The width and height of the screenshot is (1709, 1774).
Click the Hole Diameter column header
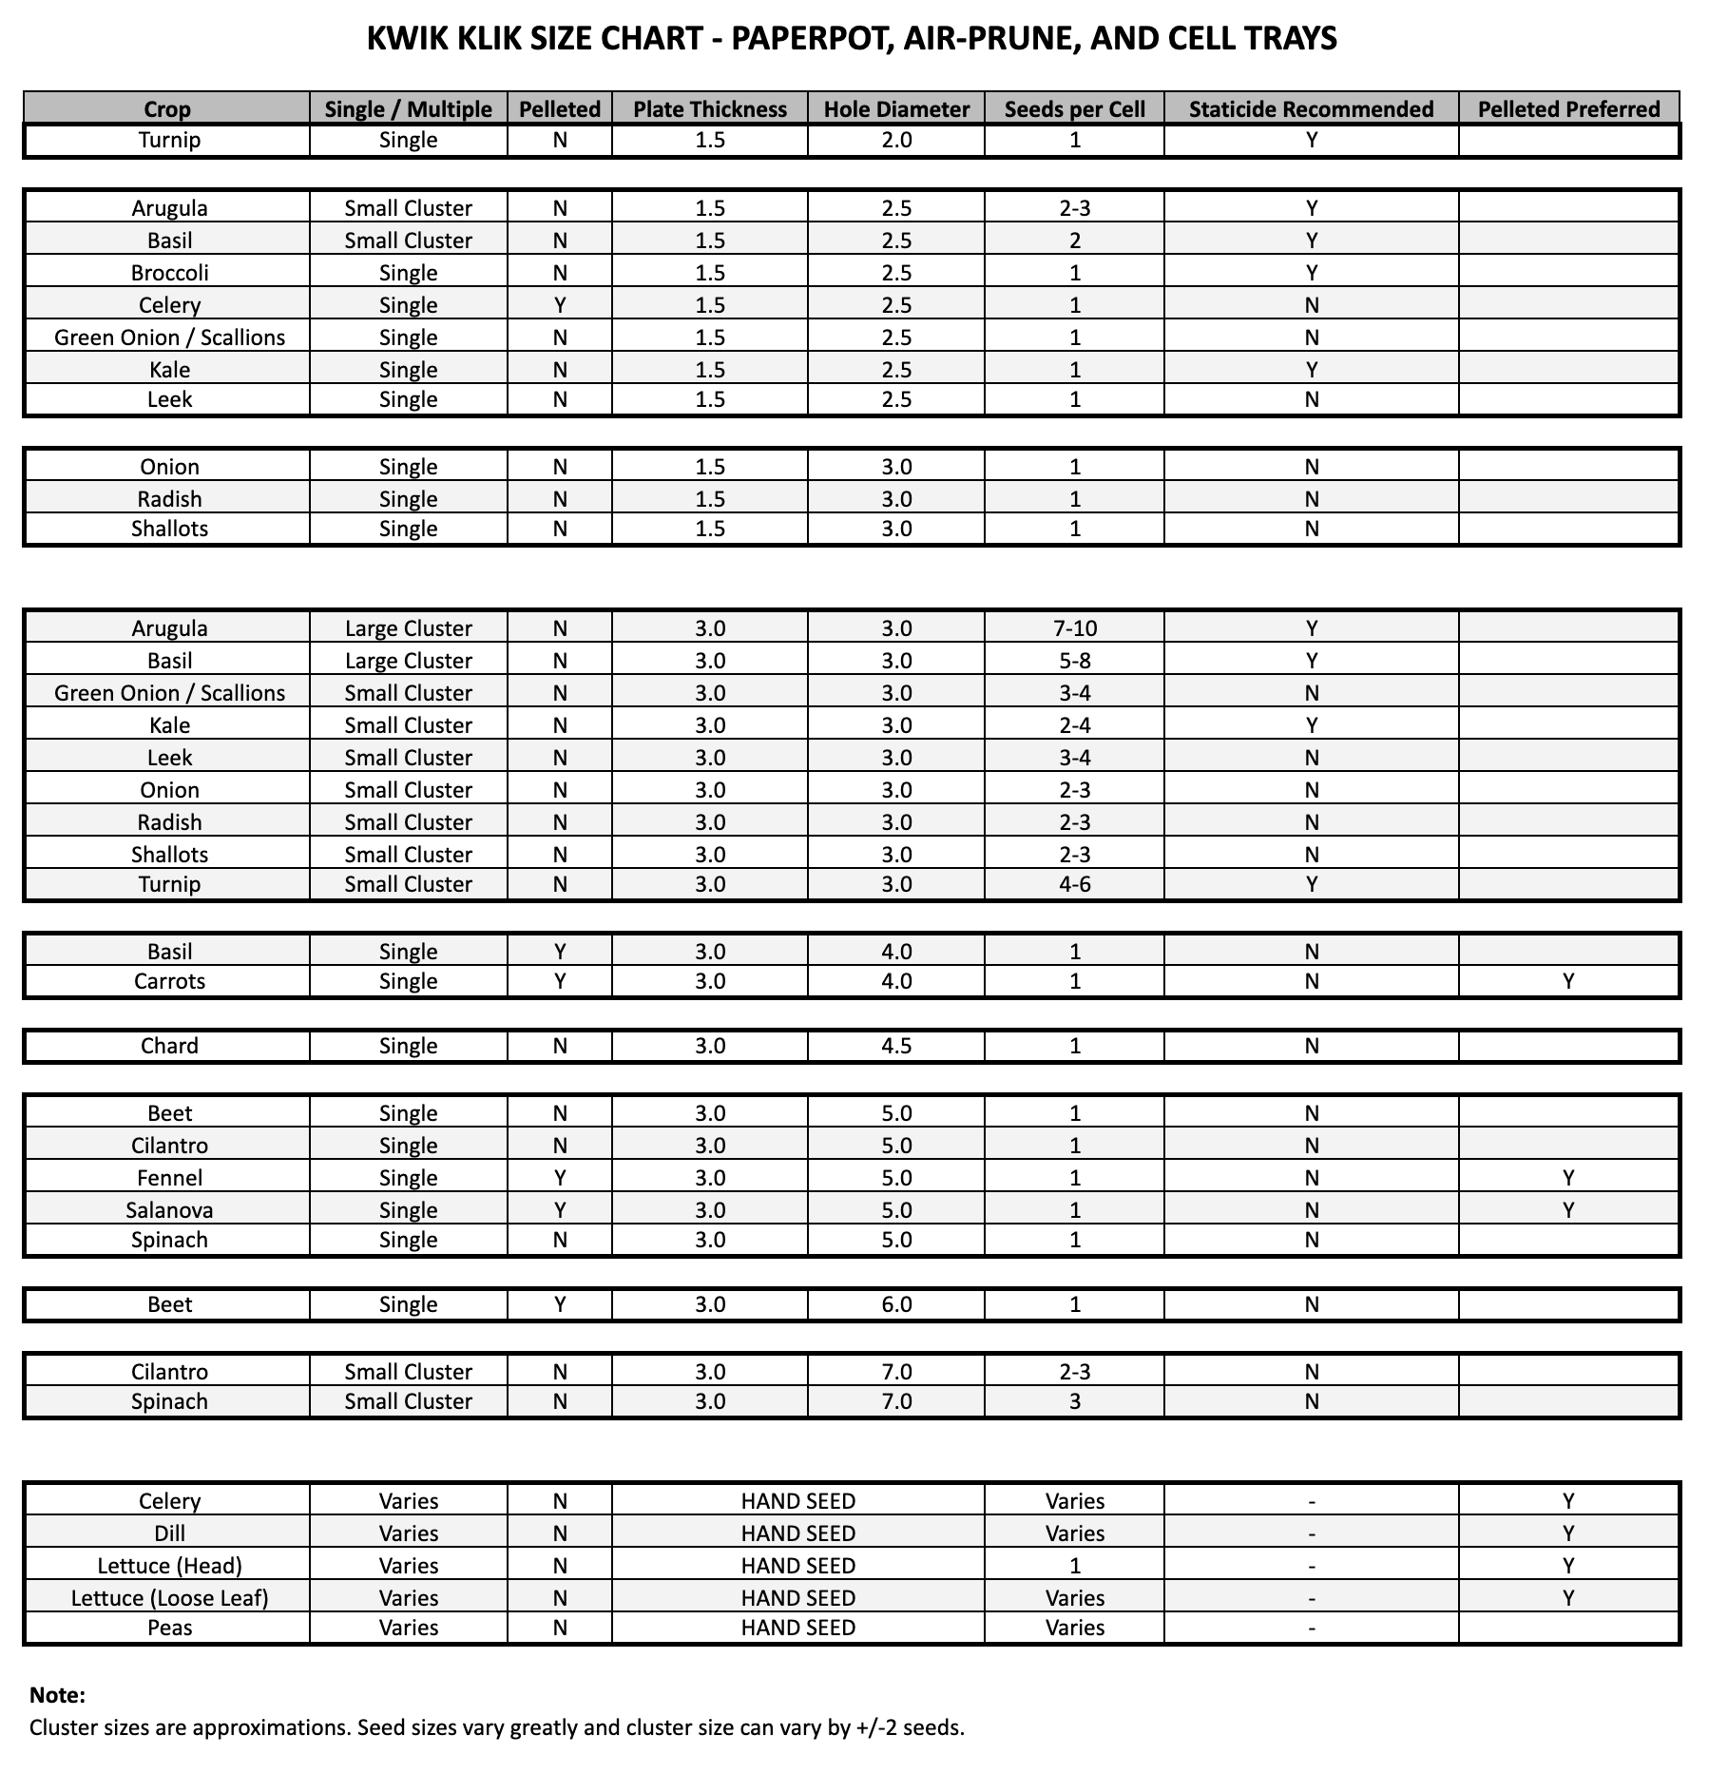pyautogui.click(x=896, y=109)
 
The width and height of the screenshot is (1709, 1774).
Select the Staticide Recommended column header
pyautogui.click(x=1311, y=109)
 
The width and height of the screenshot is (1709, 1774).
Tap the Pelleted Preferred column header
pyautogui.click(x=1568, y=109)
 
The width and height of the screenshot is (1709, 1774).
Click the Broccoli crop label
pyautogui.click(x=169, y=273)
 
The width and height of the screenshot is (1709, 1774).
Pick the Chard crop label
pyautogui.click(x=169, y=1046)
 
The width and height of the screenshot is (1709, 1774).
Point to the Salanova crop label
pyautogui.click(x=169, y=1210)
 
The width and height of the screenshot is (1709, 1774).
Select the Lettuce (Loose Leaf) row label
pyautogui.click(x=169, y=1598)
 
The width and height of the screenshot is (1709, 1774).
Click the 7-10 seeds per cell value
pyautogui.click(x=1074, y=628)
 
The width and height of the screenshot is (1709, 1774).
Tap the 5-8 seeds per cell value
pyautogui.click(x=1074, y=661)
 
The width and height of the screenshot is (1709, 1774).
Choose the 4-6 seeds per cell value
pyautogui.click(x=1074, y=884)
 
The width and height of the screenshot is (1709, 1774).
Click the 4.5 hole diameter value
pyautogui.click(x=896, y=1046)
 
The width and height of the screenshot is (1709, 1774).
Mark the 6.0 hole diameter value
pyautogui.click(x=896, y=1304)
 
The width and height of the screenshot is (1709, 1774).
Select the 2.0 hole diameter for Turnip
pyautogui.click(x=896, y=140)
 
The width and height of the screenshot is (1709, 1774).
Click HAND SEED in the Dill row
pyautogui.click(x=797, y=1533)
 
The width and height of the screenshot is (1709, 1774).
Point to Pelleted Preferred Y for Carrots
pyautogui.click(x=1568, y=981)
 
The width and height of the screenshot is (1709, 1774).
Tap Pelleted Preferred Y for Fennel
pyautogui.click(x=1568, y=1178)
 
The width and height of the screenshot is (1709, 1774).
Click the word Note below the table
pyautogui.click(x=57, y=1695)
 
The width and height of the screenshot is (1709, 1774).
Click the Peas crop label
pyautogui.click(x=169, y=1628)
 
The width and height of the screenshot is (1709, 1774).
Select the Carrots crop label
pyautogui.click(x=169, y=981)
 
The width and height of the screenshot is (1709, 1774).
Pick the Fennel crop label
pyautogui.click(x=169, y=1178)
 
